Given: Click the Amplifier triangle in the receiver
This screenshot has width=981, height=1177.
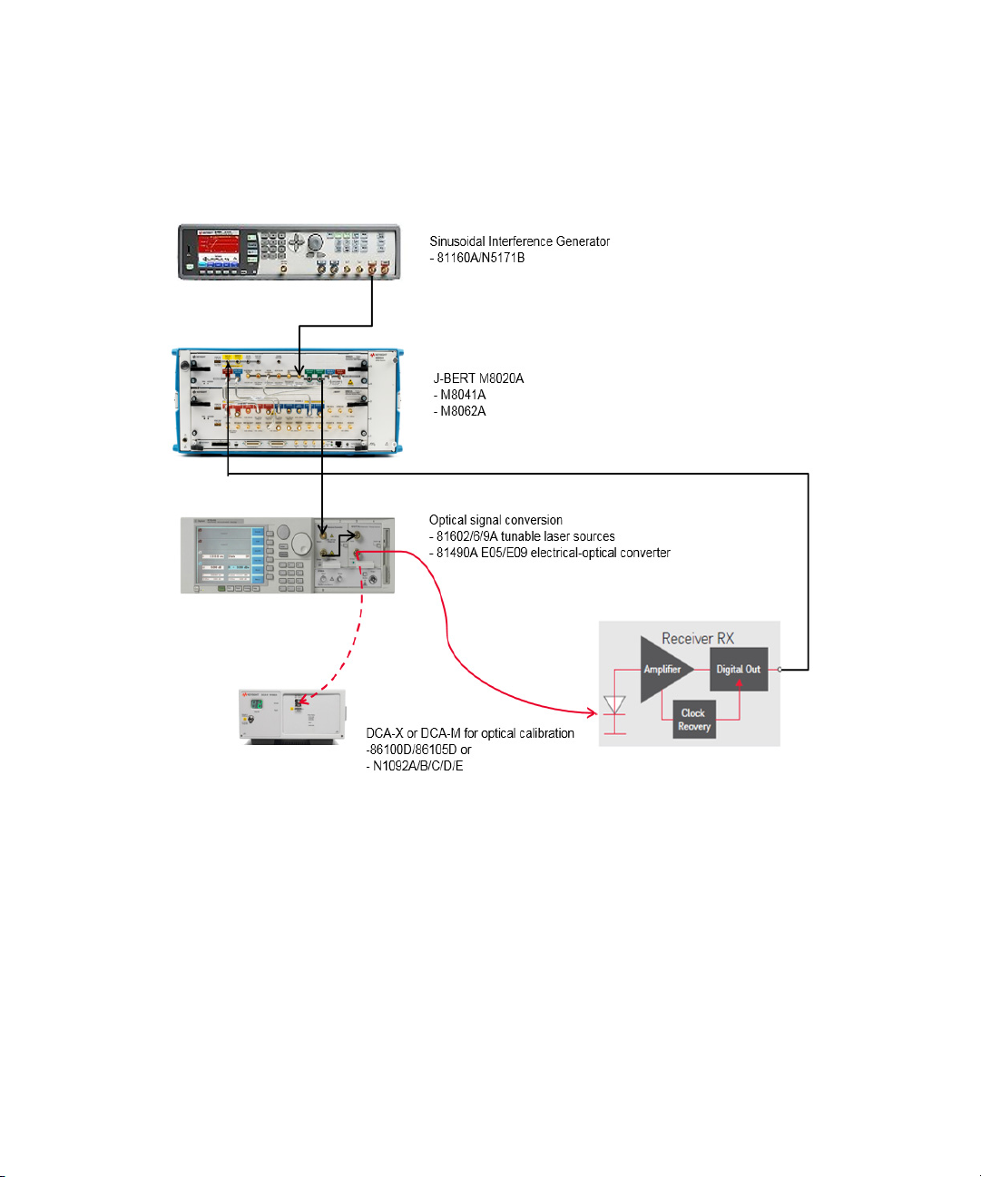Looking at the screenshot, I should tap(663, 670).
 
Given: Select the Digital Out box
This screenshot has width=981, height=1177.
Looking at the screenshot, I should tap(739, 670).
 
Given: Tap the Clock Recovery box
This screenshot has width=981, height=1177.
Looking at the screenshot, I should tap(694, 720).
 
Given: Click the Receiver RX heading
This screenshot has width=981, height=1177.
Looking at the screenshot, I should tap(697, 638).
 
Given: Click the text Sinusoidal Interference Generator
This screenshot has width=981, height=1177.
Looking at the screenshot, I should tap(519, 241).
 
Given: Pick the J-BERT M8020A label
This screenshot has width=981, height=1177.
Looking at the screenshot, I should tap(478, 378).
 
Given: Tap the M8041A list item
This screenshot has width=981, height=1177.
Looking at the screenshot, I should tap(462, 395).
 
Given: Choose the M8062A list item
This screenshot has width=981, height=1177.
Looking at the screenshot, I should tap(462, 411).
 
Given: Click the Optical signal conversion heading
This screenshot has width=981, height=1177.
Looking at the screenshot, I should tap(495, 520).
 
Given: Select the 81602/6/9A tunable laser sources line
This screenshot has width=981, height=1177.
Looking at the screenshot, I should tap(525, 536).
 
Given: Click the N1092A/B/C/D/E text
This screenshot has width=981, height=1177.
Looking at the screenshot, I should tap(417, 766).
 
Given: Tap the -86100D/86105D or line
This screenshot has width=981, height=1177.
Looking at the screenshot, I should tap(418, 750).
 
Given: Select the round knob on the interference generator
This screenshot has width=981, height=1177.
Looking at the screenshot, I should tap(315, 242).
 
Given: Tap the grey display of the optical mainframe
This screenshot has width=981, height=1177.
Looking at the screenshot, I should tap(223, 554).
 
